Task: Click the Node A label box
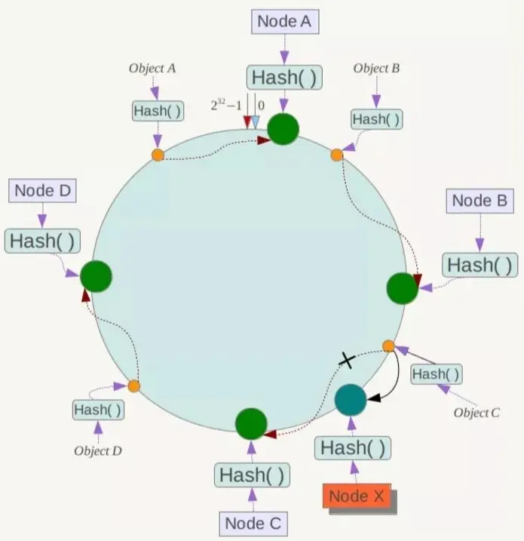(x=284, y=21)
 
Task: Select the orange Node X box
(x=358, y=496)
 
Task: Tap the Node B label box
(x=480, y=201)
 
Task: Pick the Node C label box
(x=255, y=522)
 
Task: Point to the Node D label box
(x=43, y=191)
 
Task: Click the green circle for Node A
(x=284, y=129)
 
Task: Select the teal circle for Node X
(x=350, y=399)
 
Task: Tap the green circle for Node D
(x=96, y=276)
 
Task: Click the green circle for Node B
(x=402, y=288)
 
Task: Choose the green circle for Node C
(x=252, y=425)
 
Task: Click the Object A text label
(x=152, y=68)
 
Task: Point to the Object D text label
(x=98, y=450)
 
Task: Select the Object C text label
(x=477, y=413)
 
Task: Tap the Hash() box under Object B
(x=376, y=119)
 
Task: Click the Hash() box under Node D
(x=43, y=241)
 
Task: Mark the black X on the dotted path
(x=346, y=361)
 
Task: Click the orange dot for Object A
(x=158, y=155)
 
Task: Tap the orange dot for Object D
(x=133, y=386)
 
